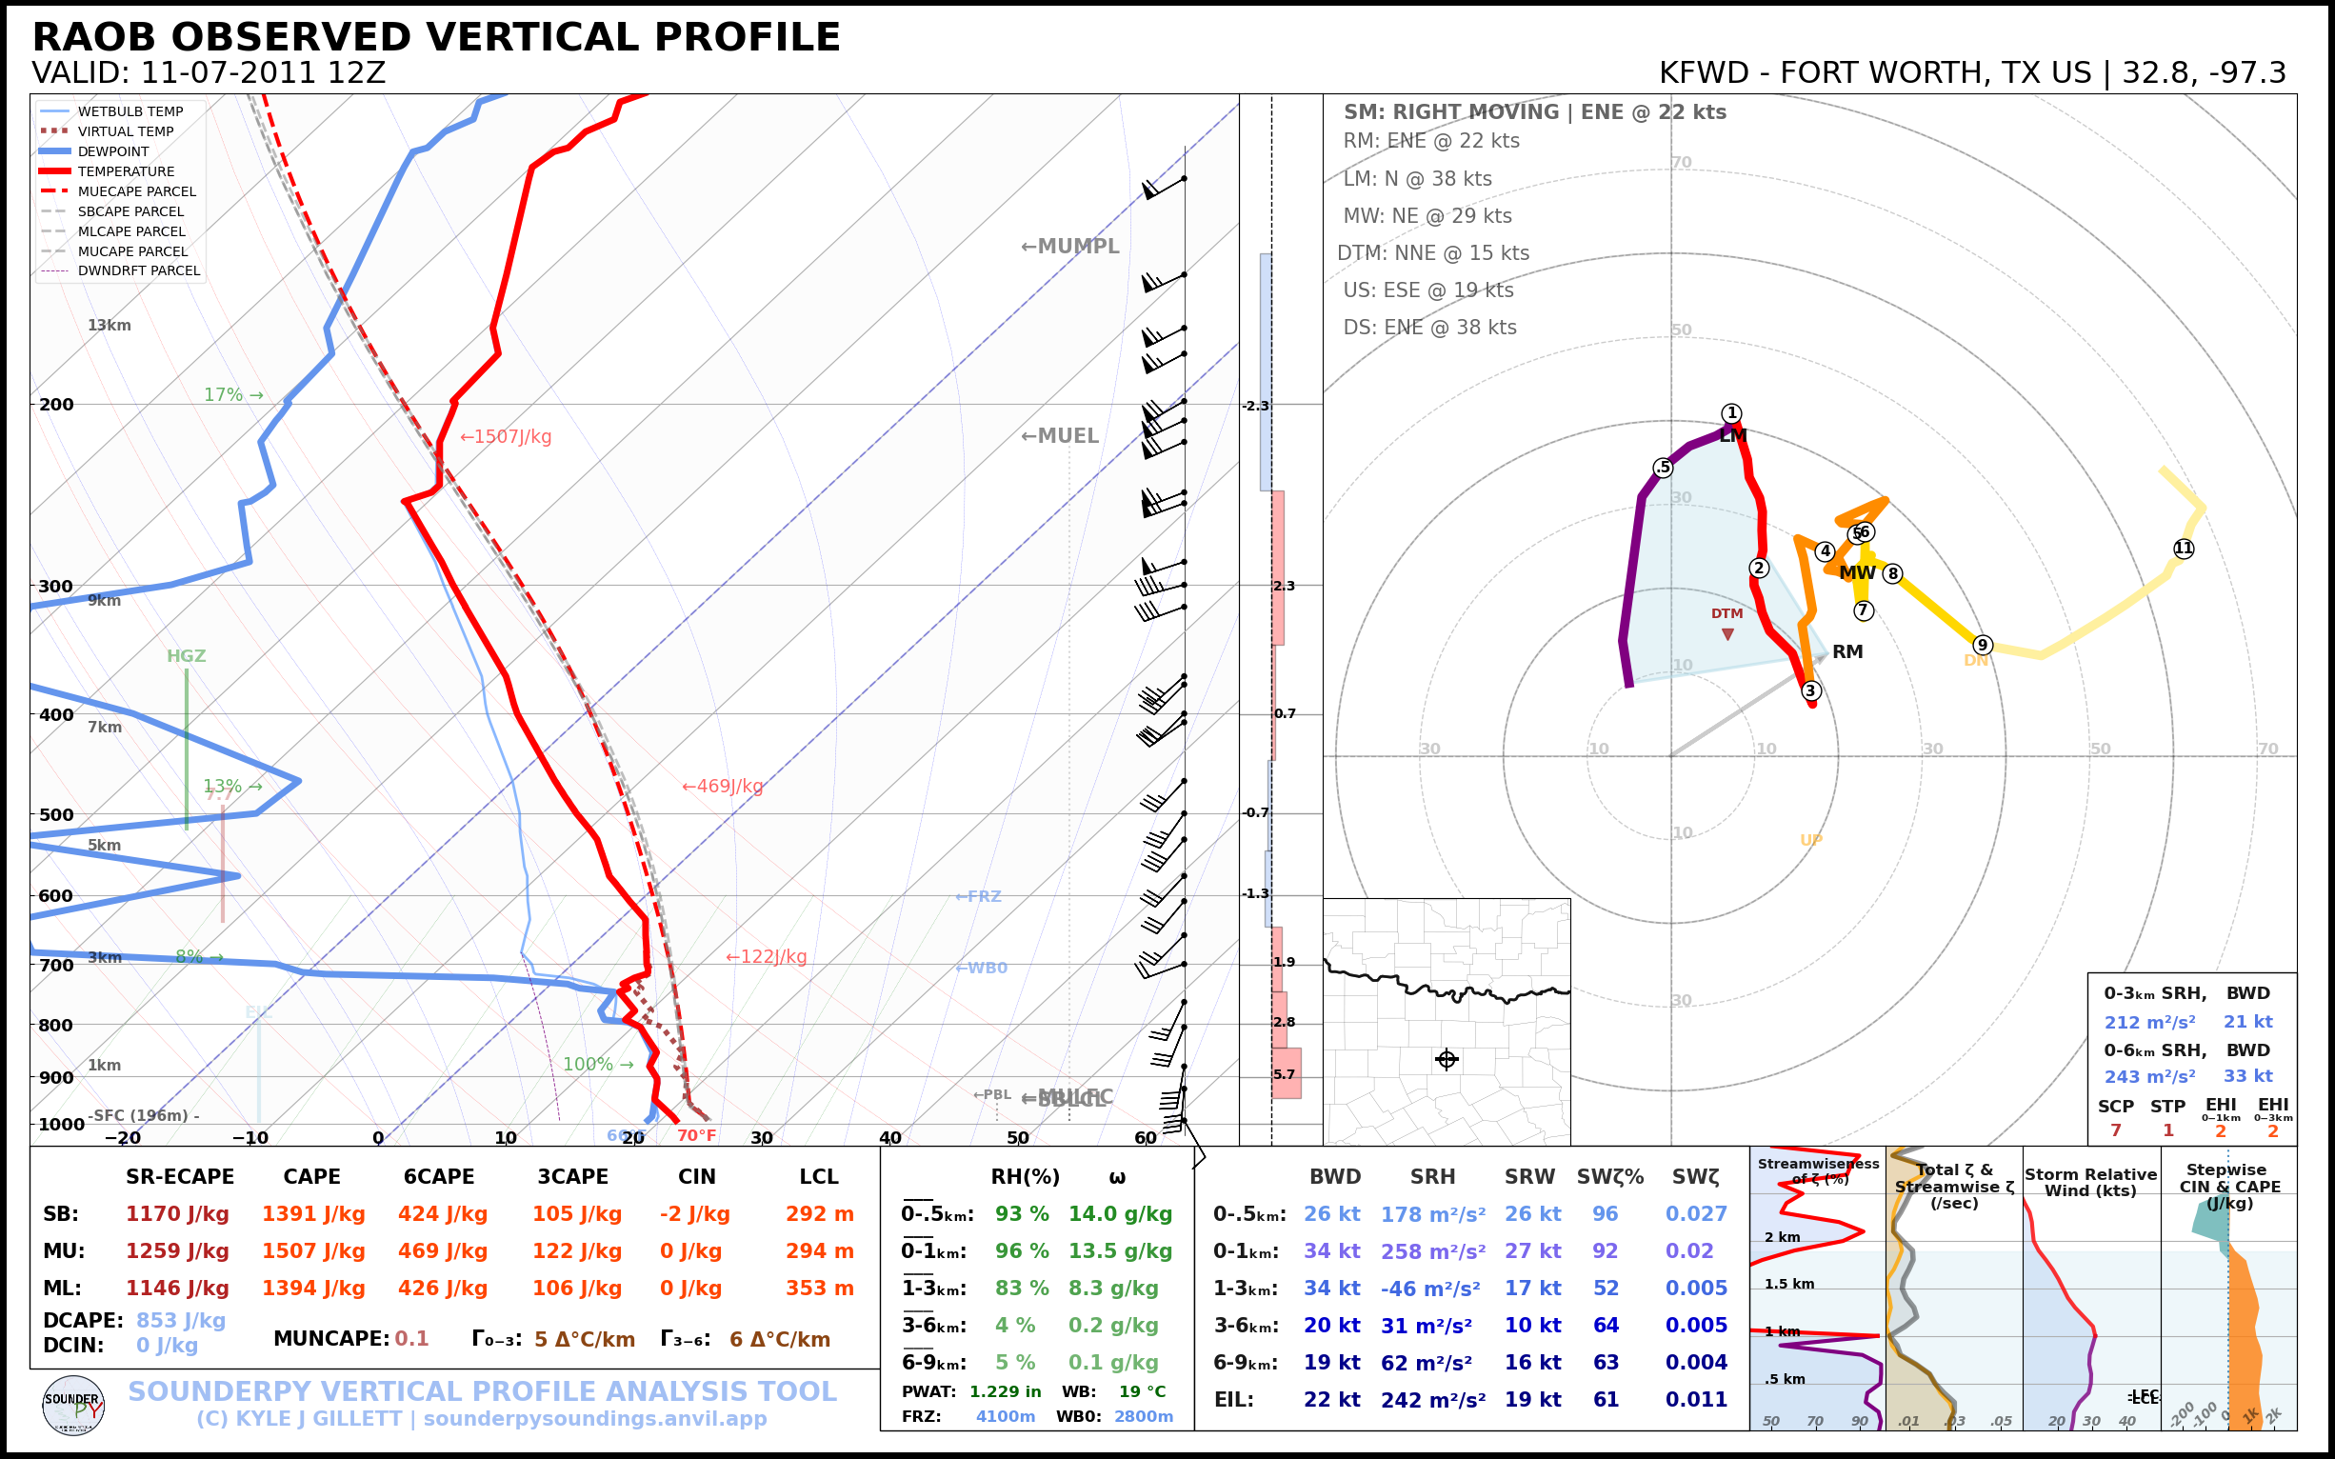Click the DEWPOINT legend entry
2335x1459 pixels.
[x=113, y=151]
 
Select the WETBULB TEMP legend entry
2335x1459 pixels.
[x=130, y=112]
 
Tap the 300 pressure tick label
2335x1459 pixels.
[x=56, y=587]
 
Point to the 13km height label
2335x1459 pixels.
[x=109, y=325]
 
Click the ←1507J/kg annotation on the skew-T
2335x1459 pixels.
[x=506, y=437]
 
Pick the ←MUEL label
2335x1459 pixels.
[x=1060, y=436]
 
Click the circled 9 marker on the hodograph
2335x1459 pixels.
[x=1982, y=645]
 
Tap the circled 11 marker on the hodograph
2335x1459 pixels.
[x=2184, y=549]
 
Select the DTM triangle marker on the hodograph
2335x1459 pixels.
[x=1727, y=634]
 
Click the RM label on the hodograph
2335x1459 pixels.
[x=1846, y=652]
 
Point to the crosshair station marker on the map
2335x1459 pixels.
[x=1447, y=1060]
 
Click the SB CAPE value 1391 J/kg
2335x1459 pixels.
[x=312, y=1214]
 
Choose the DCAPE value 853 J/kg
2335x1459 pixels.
[x=180, y=1320]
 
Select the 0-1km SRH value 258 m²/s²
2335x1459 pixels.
[x=1432, y=1251]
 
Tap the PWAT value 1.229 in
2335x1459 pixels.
[x=1006, y=1391]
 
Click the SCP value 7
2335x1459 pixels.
[x=2115, y=1129]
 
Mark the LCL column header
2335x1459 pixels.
[x=818, y=1177]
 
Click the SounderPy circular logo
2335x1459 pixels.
[x=73, y=1406]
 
